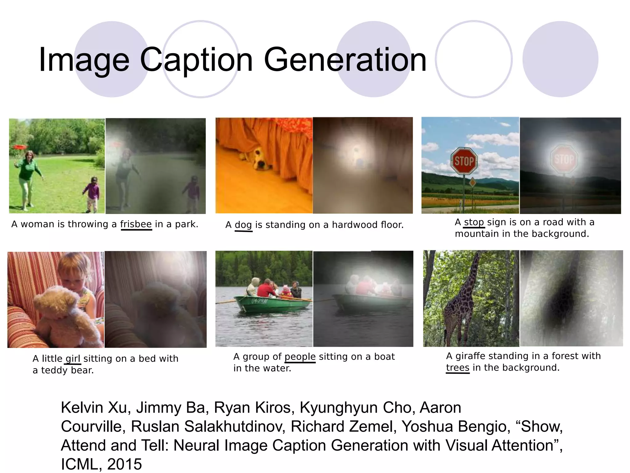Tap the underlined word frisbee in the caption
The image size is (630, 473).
point(136,224)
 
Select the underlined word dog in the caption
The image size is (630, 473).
point(243,225)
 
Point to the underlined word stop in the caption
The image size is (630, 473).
point(474,222)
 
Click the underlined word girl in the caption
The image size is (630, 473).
point(73,358)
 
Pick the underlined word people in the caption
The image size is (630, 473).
point(300,357)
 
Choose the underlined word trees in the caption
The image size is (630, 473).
point(457,368)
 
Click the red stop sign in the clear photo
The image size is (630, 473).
point(464,161)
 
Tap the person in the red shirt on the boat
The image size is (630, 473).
point(266,289)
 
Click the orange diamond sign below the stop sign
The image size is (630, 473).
point(472,183)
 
